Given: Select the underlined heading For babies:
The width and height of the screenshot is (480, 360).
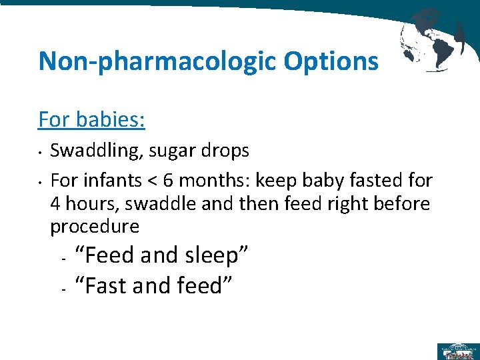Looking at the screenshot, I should point(92,120).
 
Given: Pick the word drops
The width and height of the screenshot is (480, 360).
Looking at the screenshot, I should point(227,151).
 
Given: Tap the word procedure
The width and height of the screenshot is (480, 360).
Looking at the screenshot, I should point(95,227).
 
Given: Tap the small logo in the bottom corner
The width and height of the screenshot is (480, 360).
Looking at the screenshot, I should point(457,350).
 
